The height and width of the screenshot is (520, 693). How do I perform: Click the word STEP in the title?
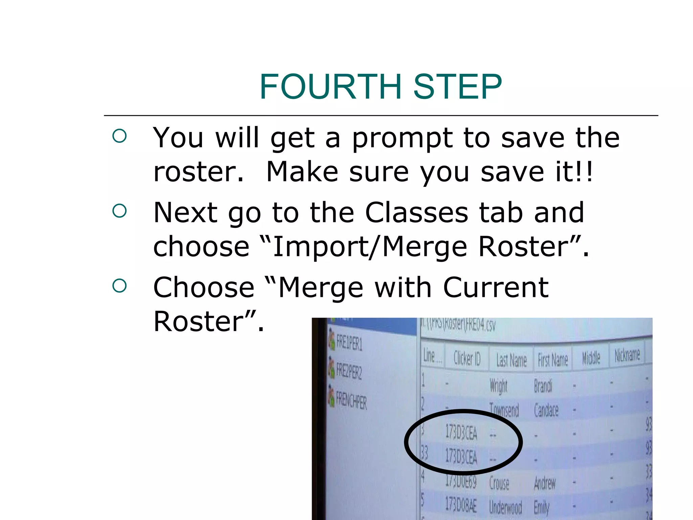click(x=457, y=87)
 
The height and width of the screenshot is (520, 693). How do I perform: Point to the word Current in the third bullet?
click(x=495, y=287)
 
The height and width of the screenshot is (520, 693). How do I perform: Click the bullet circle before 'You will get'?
click(x=119, y=136)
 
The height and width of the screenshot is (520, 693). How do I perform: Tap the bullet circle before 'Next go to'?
click(x=119, y=211)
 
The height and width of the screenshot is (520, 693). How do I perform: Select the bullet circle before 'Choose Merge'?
click(x=119, y=286)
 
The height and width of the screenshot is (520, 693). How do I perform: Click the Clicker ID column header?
click(x=467, y=358)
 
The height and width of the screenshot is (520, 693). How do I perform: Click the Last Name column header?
click(x=511, y=360)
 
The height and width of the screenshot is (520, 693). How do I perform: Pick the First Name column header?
click(x=553, y=360)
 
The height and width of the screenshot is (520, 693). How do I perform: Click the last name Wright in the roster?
click(x=498, y=386)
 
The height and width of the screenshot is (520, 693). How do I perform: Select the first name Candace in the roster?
click(x=546, y=410)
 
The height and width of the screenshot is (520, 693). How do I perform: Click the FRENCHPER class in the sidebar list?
click(x=351, y=401)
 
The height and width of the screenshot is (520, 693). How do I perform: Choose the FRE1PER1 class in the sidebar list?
click(x=349, y=343)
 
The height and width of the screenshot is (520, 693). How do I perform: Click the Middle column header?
click(x=591, y=358)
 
